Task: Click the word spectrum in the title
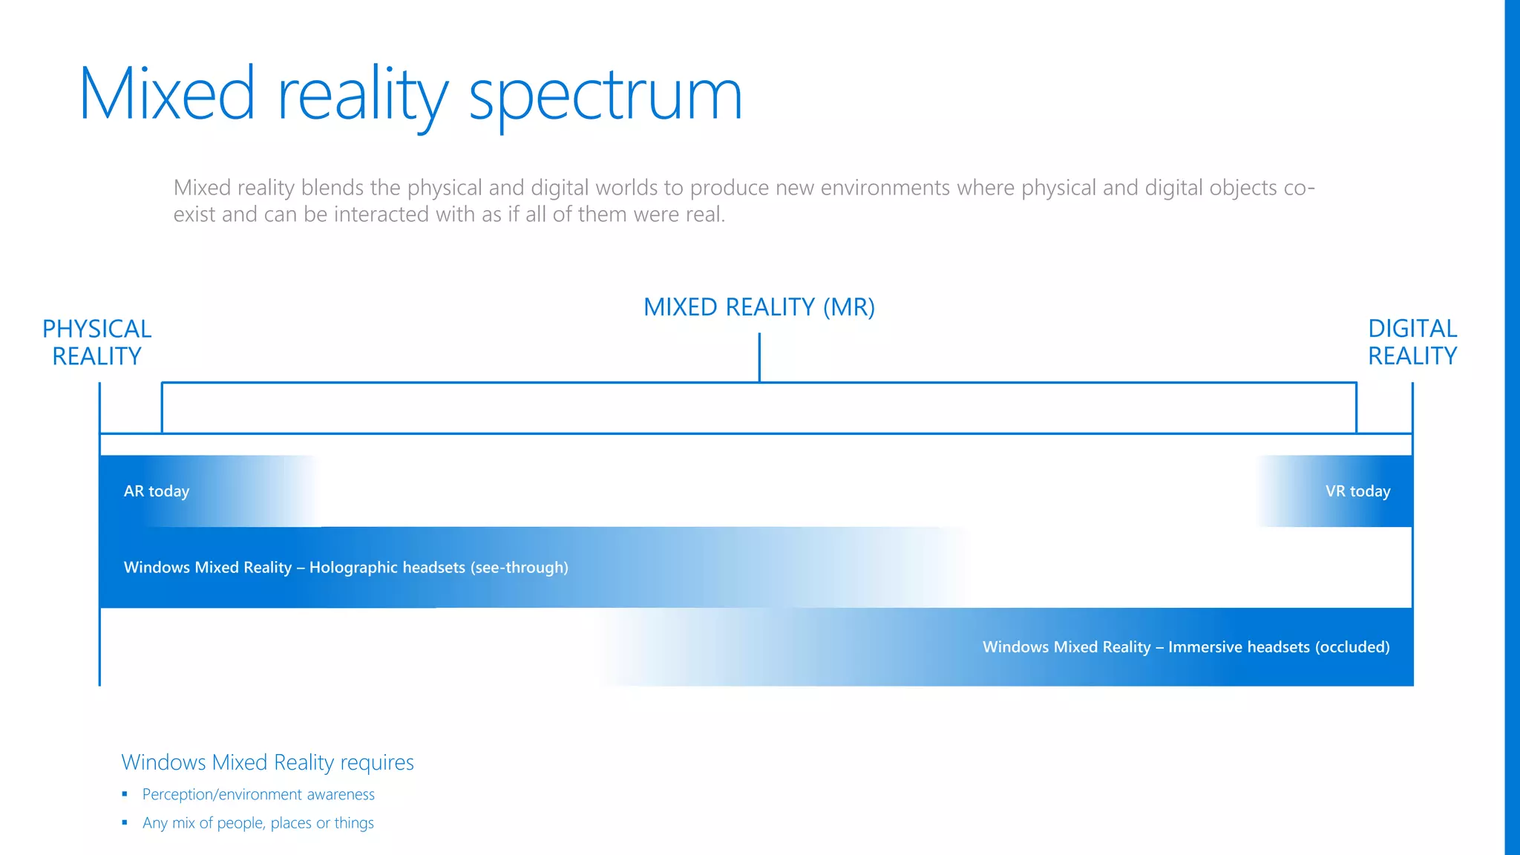[x=605, y=96]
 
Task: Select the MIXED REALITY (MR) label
[x=759, y=307]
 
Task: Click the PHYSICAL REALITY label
[x=96, y=342]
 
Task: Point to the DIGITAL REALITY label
[x=1412, y=342]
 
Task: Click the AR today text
[x=157, y=491]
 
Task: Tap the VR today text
[x=1357, y=491]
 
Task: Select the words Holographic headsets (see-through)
[x=439, y=568]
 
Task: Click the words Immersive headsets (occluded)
[x=1279, y=647]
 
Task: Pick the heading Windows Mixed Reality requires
[x=267, y=762]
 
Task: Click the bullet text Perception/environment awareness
[x=258, y=795]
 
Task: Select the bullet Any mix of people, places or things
[x=258, y=823]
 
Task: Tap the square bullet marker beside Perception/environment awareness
[x=125, y=794]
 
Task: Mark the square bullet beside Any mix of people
[x=125, y=822]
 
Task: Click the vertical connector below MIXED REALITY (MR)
[x=759, y=357]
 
